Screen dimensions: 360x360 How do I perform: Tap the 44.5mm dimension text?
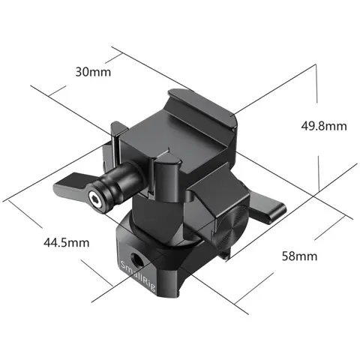pos(64,242)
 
